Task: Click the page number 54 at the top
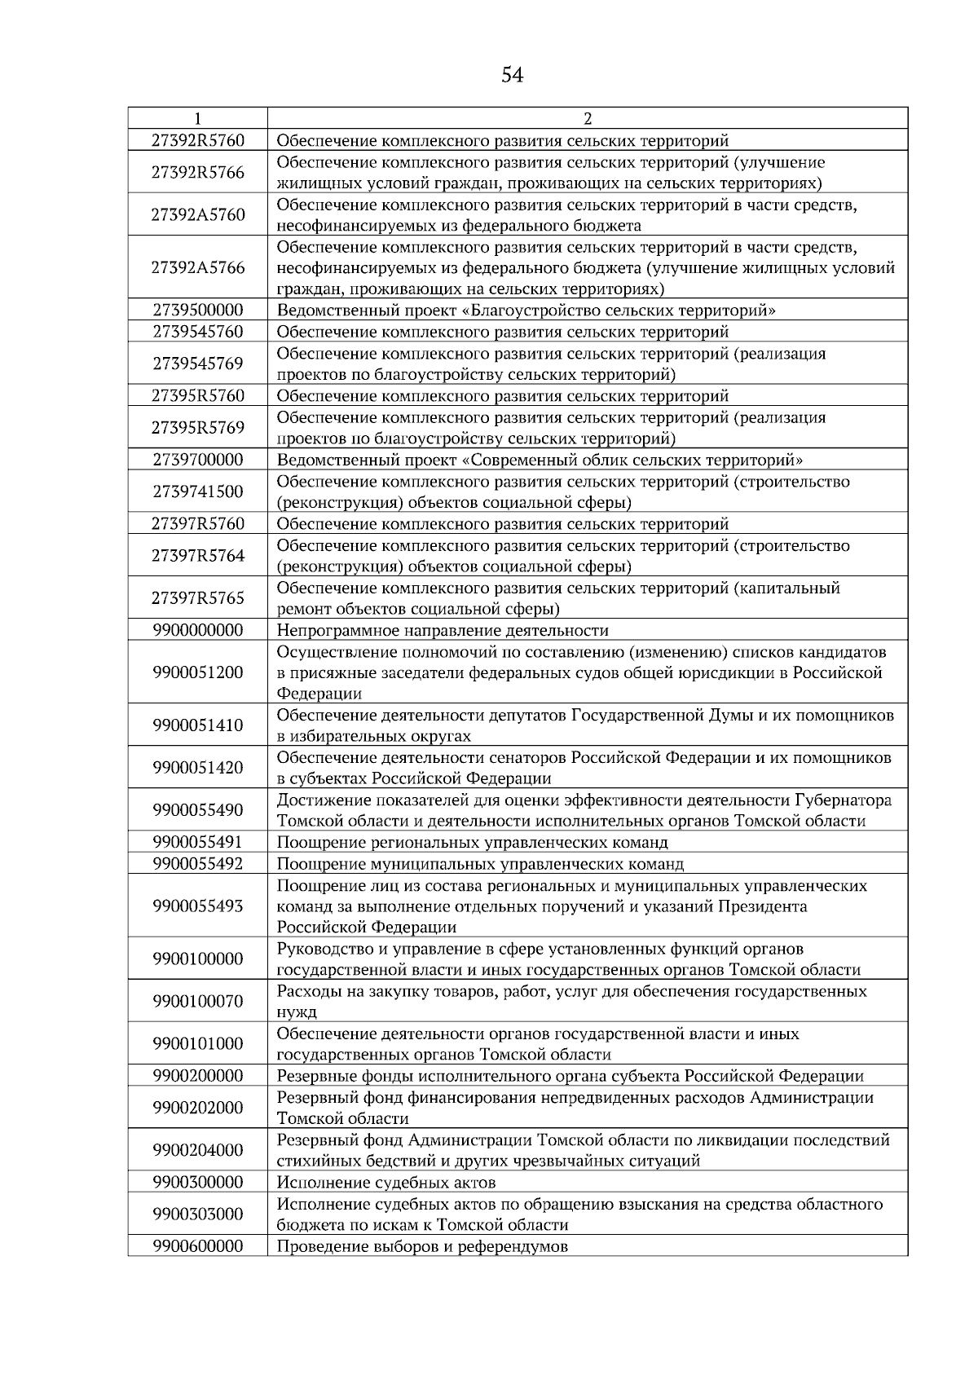click(512, 76)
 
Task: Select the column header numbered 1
click(197, 118)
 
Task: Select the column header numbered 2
click(587, 118)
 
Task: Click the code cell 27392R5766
click(197, 173)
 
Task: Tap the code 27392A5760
click(197, 215)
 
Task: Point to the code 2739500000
click(197, 311)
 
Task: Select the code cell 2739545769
click(197, 364)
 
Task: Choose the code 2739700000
click(197, 460)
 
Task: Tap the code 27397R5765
click(197, 598)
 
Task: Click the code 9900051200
click(197, 673)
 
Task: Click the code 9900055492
click(197, 864)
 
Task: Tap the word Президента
click(762, 906)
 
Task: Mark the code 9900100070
click(197, 1002)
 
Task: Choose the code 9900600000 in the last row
click(197, 1246)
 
